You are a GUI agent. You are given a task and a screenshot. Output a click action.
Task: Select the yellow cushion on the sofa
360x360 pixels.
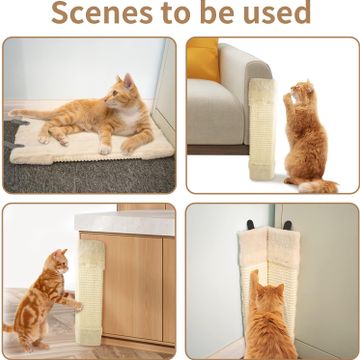202,59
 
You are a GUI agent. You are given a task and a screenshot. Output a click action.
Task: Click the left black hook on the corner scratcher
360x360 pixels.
250,225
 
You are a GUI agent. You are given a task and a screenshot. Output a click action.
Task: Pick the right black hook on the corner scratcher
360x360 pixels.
288,225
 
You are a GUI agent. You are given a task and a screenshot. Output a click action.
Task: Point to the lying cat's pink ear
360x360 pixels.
128,82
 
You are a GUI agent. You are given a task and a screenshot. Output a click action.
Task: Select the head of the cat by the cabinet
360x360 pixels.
56,263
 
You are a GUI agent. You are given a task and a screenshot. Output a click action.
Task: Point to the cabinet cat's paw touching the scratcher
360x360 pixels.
79,306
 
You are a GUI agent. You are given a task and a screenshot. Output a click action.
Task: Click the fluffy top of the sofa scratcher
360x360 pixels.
261,91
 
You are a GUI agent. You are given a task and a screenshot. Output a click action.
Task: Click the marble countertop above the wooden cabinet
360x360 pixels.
125,223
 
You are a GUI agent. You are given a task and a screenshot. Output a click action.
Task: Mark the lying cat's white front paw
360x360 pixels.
105,149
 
